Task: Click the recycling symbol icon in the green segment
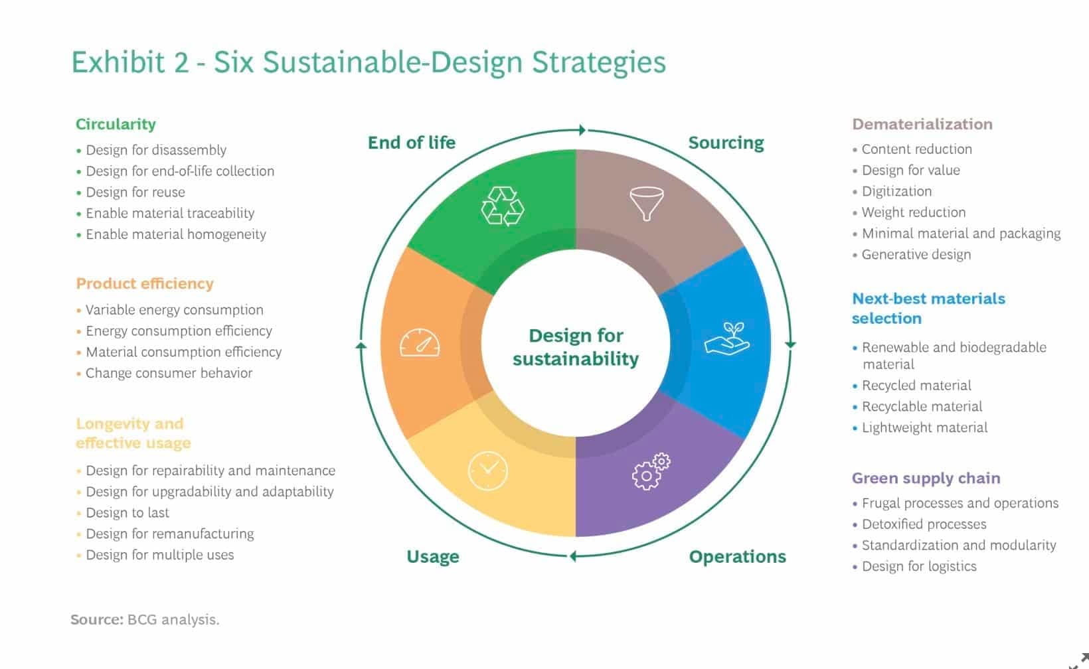click(x=503, y=206)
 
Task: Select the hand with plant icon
click(x=727, y=338)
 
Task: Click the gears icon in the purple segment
click(x=651, y=471)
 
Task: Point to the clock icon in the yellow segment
click(x=487, y=471)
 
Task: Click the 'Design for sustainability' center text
click(x=576, y=347)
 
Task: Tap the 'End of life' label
click(x=411, y=142)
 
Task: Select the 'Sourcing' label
click(x=726, y=143)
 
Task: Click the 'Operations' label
click(x=737, y=557)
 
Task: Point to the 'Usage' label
click(x=433, y=557)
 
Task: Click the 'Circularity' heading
click(x=116, y=124)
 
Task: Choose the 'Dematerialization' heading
click(x=922, y=124)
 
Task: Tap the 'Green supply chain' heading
click(x=926, y=478)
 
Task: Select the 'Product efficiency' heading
click(x=144, y=284)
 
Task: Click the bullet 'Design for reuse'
click(x=135, y=192)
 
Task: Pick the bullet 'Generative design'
click(x=916, y=255)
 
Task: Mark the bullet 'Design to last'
click(x=127, y=512)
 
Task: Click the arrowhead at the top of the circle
click(x=582, y=129)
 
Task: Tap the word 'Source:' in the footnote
click(x=97, y=619)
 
